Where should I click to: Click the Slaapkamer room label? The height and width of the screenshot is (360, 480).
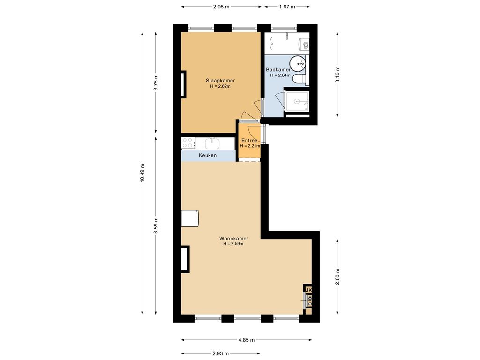(x=220, y=80)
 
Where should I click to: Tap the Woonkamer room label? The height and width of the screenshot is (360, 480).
(x=233, y=238)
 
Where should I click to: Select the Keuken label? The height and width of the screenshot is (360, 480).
(x=208, y=155)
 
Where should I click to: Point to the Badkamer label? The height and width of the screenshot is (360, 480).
(x=278, y=69)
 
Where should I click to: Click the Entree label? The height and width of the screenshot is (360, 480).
(x=249, y=140)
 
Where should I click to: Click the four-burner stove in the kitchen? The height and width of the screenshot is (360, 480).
(x=188, y=142)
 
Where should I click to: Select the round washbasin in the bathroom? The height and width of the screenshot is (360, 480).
(x=296, y=62)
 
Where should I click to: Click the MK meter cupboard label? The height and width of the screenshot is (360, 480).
(x=308, y=291)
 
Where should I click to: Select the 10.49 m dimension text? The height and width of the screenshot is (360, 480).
(x=142, y=174)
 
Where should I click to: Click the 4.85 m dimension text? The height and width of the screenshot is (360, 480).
(x=246, y=340)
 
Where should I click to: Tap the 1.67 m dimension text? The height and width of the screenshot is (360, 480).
(x=287, y=7)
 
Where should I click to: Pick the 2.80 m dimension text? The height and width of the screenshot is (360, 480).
(x=337, y=277)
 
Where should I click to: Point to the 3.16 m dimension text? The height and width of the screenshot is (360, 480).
(x=337, y=74)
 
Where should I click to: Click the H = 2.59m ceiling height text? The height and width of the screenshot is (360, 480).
(x=233, y=243)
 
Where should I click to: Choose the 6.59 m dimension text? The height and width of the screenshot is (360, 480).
(x=156, y=226)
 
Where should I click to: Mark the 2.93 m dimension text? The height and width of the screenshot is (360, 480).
(x=220, y=354)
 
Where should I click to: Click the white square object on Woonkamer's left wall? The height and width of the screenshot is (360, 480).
(x=190, y=218)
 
